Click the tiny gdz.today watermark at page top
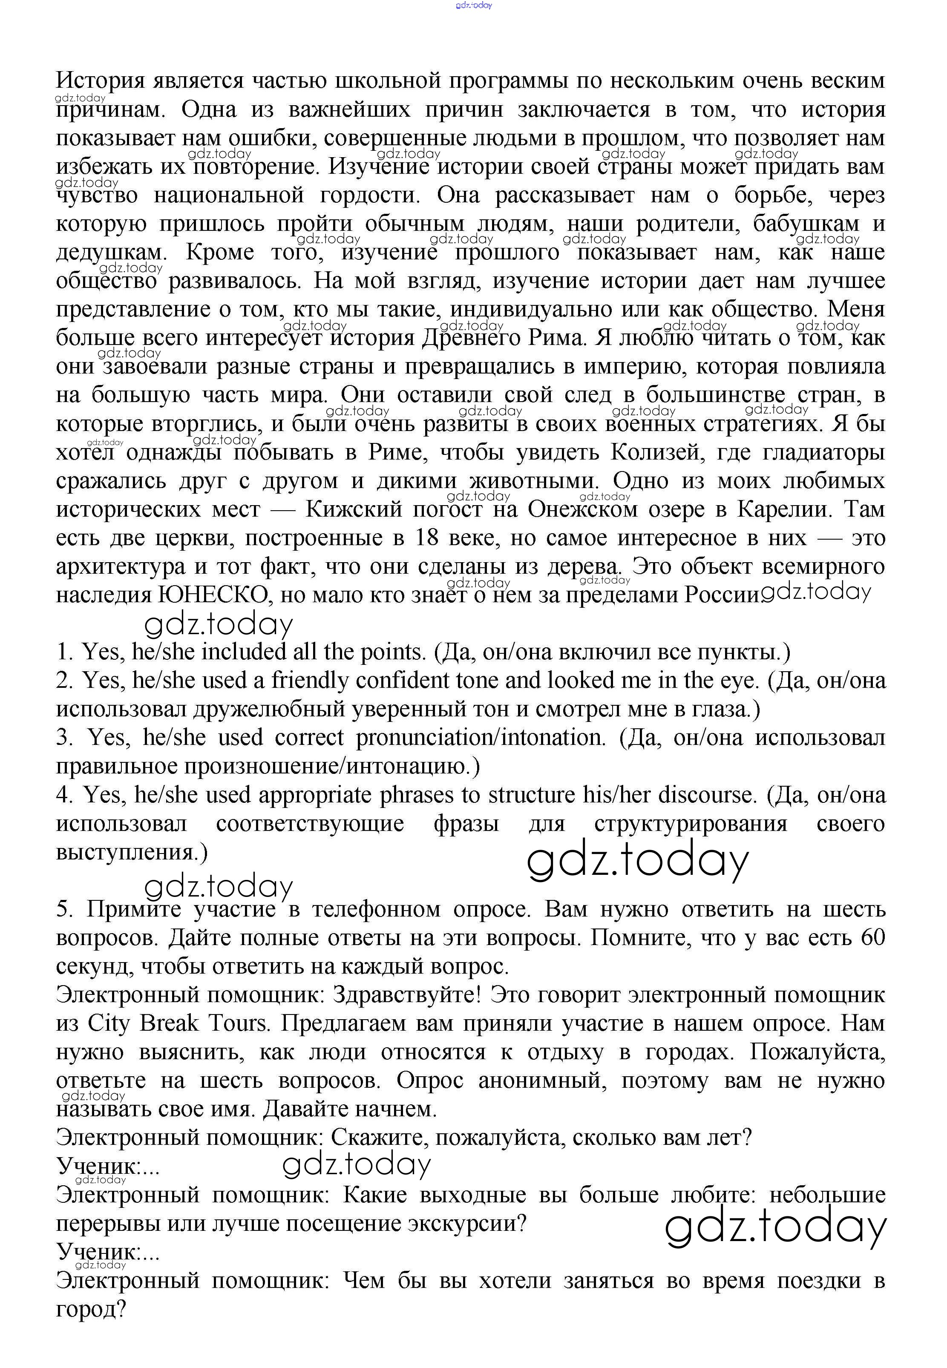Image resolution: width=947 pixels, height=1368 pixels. pos(474,6)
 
